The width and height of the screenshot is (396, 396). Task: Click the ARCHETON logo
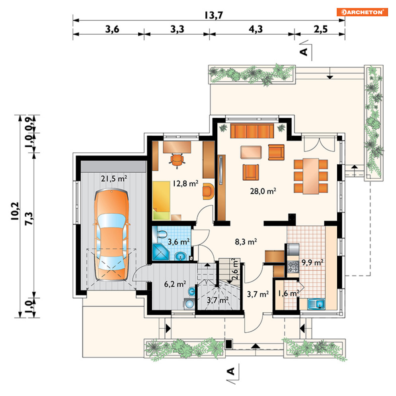coord(362,12)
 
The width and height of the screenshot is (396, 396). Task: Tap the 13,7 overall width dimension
coord(213,16)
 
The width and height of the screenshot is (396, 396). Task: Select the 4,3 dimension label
coord(256,29)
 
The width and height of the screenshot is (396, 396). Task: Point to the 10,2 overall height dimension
coord(15,211)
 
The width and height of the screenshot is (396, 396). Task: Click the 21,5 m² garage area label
coord(114,179)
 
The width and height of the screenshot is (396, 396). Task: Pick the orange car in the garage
coord(111,235)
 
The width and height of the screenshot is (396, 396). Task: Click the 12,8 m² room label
coord(185,183)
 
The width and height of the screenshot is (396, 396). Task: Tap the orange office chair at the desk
coord(177,160)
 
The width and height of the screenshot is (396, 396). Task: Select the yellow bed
coord(161,200)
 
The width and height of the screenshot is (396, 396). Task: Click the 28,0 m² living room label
coord(263,191)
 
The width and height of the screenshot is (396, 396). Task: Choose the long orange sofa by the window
coord(252,131)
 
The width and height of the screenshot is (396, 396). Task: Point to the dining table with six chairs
coord(311,176)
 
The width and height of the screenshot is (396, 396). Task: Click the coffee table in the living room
coord(251,152)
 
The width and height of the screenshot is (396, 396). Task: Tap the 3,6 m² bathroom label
coord(179,242)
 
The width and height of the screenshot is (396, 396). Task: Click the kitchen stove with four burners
coord(293,267)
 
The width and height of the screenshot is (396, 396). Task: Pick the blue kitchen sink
coord(316,304)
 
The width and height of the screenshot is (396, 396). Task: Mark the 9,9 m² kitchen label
coord(312,263)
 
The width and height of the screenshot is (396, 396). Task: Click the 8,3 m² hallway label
coord(246,242)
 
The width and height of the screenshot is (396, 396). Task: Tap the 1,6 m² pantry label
coord(289,293)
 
